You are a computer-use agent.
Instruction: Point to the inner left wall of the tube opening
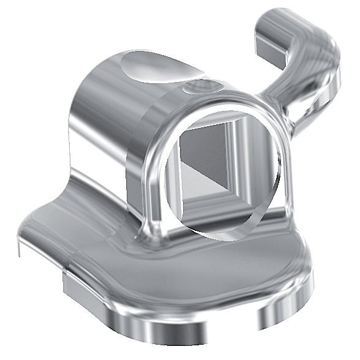click(172, 178)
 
